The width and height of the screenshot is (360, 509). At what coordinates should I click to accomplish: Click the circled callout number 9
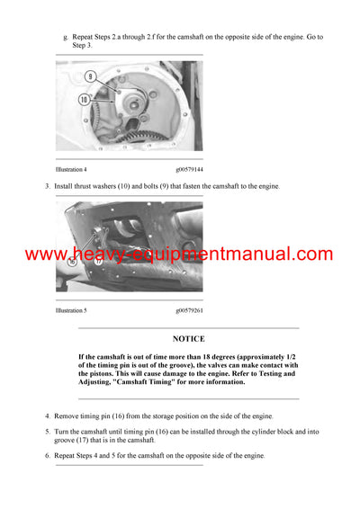[x=90, y=78]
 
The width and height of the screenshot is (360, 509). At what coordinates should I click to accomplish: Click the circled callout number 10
[x=85, y=99]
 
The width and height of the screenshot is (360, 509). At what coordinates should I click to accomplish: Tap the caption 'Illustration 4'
[x=71, y=169]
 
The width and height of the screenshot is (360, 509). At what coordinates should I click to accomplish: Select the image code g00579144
[x=189, y=169]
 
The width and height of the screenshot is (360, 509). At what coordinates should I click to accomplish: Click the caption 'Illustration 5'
[x=71, y=309]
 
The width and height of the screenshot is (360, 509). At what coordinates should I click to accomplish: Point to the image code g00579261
[x=189, y=309]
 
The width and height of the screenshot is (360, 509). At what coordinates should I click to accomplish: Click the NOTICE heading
[x=189, y=339]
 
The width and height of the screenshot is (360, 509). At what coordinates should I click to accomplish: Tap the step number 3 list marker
[x=47, y=186]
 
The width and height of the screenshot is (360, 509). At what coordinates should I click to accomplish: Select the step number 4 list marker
[x=47, y=416]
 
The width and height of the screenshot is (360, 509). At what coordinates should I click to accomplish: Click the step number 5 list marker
[x=47, y=432]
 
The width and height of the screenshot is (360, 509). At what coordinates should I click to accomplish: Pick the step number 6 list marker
[x=47, y=456]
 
